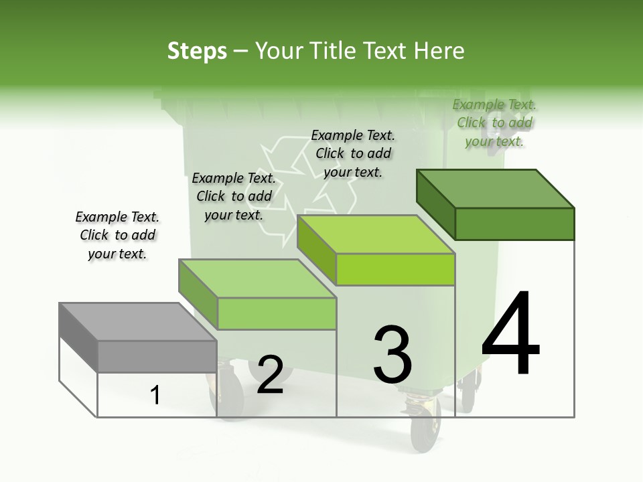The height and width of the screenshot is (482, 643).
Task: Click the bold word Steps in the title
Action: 197,51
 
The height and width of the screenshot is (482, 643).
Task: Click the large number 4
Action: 510,333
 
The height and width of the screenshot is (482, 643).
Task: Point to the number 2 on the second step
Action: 270,375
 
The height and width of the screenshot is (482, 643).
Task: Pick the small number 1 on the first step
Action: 155,396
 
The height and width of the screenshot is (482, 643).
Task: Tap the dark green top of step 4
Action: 496,189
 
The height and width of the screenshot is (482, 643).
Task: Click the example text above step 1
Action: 117,235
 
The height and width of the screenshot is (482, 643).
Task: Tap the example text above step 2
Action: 234,196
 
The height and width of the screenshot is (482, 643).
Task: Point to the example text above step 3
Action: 353,153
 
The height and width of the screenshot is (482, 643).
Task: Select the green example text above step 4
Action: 494,123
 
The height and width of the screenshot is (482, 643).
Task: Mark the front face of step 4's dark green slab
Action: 514,224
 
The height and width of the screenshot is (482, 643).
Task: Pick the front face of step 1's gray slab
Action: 157,356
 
